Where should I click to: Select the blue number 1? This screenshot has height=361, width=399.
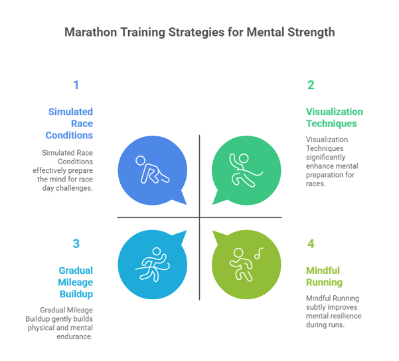pos(76,85)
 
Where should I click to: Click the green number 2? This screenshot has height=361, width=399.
pos(310,85)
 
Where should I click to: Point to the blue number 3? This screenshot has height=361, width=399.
pos(76,243)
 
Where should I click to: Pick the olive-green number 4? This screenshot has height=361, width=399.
pos(310,243)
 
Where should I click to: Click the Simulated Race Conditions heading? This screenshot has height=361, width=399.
pos(70,123)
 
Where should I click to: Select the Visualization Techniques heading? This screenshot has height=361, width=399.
pos(334,118)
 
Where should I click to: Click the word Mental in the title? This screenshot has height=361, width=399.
pos(261,32)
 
